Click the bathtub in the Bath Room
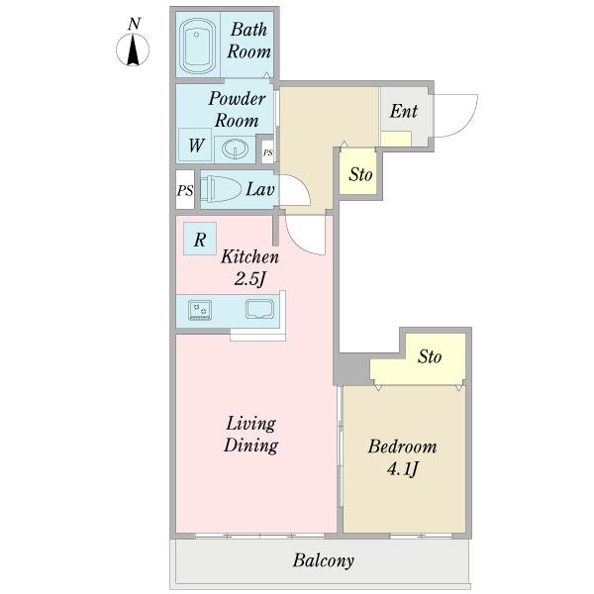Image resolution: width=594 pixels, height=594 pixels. (198, 46)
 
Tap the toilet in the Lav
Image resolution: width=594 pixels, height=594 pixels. (221, 189)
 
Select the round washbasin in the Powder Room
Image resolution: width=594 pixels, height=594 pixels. (235, 148)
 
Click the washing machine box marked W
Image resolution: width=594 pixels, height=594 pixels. (195, 146)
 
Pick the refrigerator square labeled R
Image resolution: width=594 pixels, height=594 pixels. (200, 239)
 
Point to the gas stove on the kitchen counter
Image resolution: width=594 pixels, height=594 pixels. (200, 310)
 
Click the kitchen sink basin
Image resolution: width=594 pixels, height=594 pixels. (259, 309)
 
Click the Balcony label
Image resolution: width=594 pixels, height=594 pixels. (324, 561)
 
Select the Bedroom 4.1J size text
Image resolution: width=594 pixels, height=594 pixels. (403, 470)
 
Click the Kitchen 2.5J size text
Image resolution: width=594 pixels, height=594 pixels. (250, 279)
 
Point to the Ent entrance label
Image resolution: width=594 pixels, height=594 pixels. (404, 111)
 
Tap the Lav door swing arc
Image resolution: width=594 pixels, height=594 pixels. (304, 186)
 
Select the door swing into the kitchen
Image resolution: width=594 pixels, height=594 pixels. (299, 244)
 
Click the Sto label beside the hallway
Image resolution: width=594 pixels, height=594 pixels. (360, 174)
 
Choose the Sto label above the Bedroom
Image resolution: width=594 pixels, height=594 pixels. (430, 356)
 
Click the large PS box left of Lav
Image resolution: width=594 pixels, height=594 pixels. (185, 189)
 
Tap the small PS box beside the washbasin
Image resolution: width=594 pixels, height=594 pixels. (268, 152)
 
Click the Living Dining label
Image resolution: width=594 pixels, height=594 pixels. (250, 435)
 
